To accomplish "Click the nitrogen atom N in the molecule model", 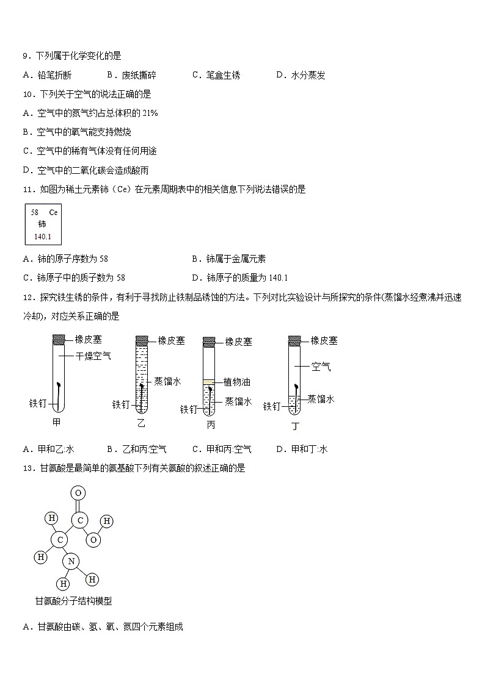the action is tap(71, 561).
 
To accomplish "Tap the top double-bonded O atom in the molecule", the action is tap(78, 493).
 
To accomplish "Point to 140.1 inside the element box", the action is tap(43, 235).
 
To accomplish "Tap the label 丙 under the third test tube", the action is tap(211, 425).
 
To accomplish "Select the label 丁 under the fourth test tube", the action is tap(295, 426).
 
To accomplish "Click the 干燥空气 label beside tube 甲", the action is tap(93, 356).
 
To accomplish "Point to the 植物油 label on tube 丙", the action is tap(237, 382).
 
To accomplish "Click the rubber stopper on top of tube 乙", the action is tap(142, 339).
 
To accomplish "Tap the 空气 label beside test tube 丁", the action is tap(321, 367).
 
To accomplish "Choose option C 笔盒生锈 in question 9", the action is tap(216, 75).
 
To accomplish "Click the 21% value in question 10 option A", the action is tap(150, 113).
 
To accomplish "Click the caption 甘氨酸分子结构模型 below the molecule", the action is tap(73, 601).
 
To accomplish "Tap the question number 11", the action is tap(29, 189).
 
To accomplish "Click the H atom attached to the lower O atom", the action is tap(107, 522).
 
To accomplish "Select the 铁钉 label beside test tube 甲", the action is tap(38, 403).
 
